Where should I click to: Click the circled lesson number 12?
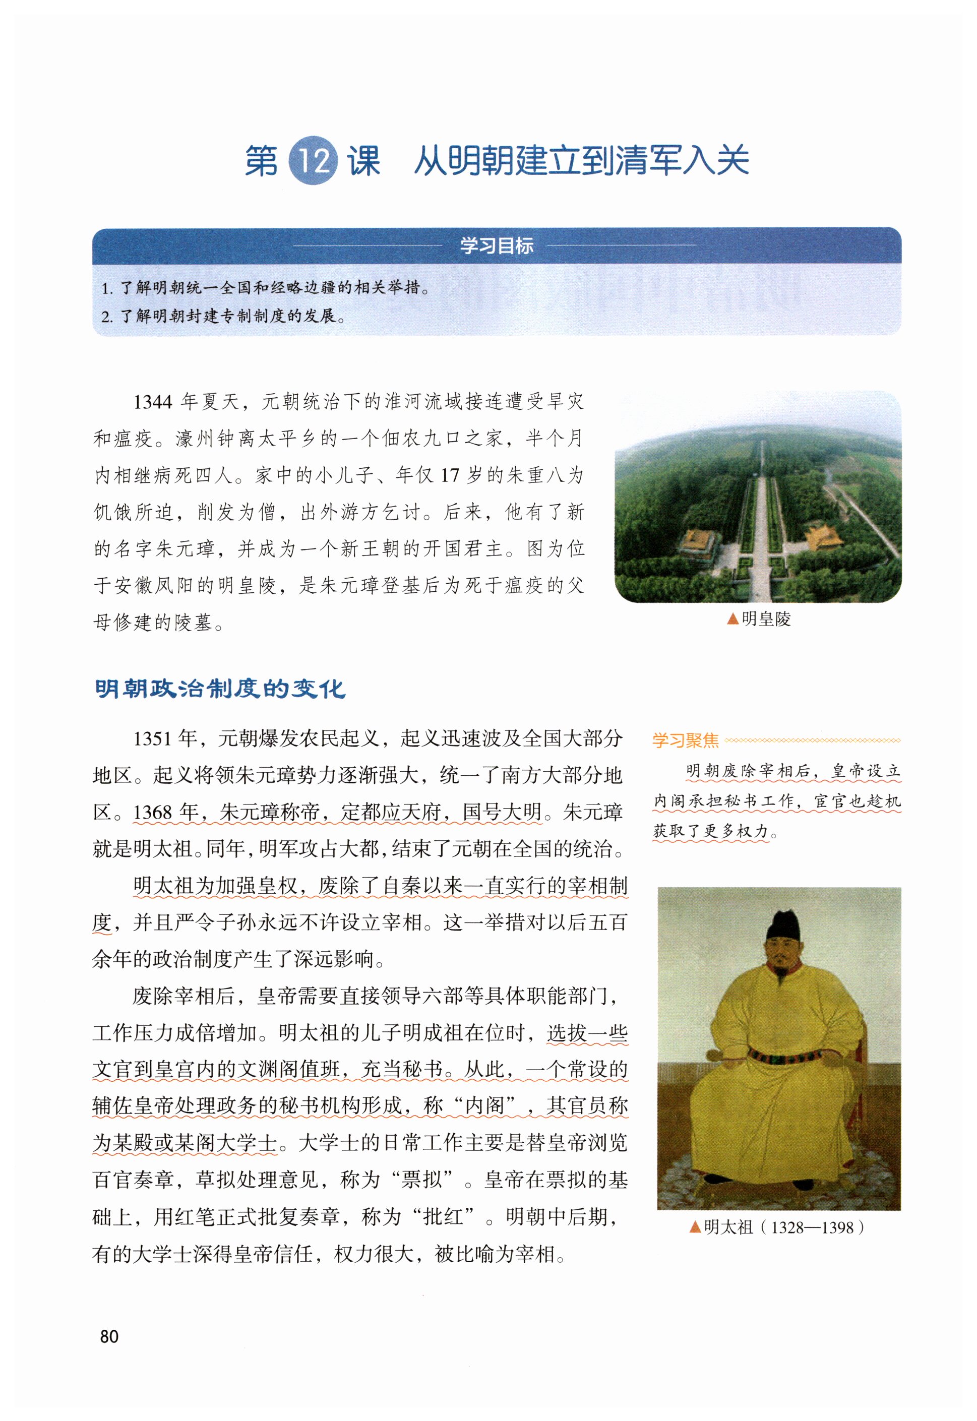[312, 160]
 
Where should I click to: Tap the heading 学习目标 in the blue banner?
[497, 246]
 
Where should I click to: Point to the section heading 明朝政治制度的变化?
[220, 689]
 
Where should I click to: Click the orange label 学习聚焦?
[685, 740]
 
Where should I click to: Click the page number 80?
[109, 1336]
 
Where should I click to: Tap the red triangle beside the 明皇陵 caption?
[732, 620]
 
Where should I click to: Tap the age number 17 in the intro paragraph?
[450, 475]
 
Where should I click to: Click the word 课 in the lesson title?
[364, 161]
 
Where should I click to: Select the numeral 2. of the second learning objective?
[107, 317]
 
